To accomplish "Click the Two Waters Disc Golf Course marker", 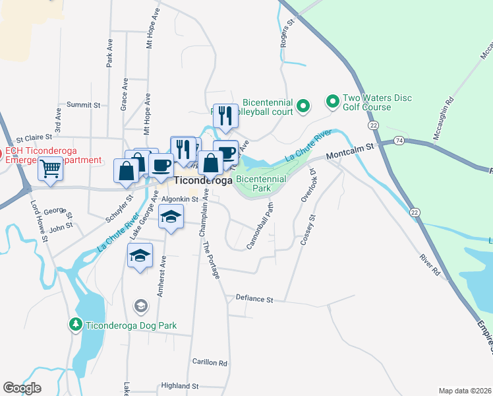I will click(x=333, y=102).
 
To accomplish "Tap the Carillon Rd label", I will click(x=210, y=363).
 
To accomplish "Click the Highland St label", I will click(x=180, y=385).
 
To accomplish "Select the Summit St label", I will click(x=84, y=105).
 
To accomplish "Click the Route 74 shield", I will click(x=399, y=141).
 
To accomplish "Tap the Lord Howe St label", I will click(x=38, y=222).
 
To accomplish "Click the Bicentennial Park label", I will click(x=261, y=183).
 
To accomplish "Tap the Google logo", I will click(x=22, y=388).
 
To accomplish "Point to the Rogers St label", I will click(x=288, y=33).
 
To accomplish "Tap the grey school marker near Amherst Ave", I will click(x=140, y=306).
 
